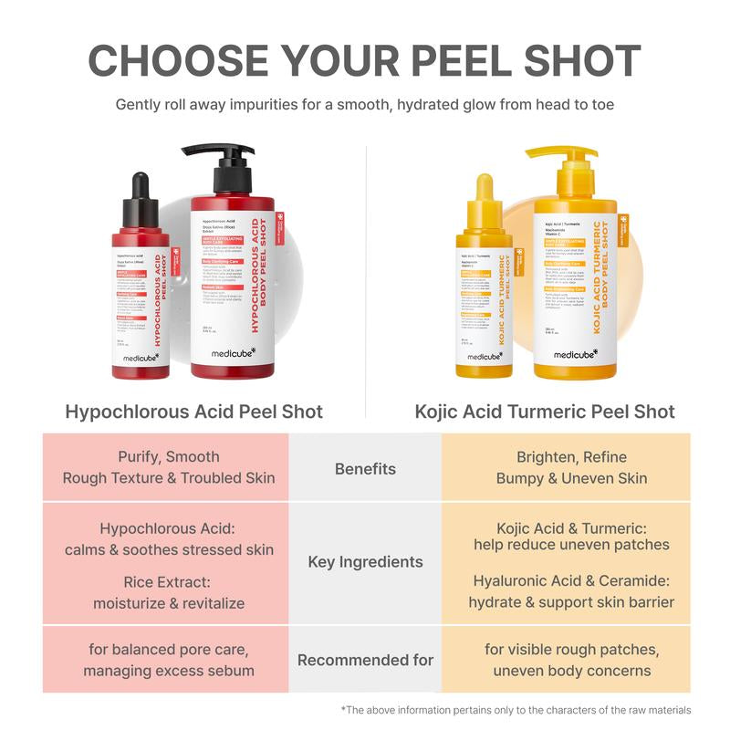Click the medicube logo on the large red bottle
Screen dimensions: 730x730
tap(232, 353)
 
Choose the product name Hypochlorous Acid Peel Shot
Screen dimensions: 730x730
tap(194, 412)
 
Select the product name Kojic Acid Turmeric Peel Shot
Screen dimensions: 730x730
tap(545, 412)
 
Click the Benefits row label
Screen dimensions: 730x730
tap(365, 469)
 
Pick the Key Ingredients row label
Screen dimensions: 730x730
tap(365, 562)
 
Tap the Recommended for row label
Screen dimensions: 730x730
tap(365, 660)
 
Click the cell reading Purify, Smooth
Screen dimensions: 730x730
tap(169, 457)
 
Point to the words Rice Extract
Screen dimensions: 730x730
tap(169, 582)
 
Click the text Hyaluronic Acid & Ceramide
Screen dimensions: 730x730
tap(571, 580)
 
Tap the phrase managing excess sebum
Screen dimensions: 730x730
tap(169, 672)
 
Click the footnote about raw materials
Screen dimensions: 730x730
tap(516, 710)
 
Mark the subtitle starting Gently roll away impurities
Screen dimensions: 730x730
tap(365, 105)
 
